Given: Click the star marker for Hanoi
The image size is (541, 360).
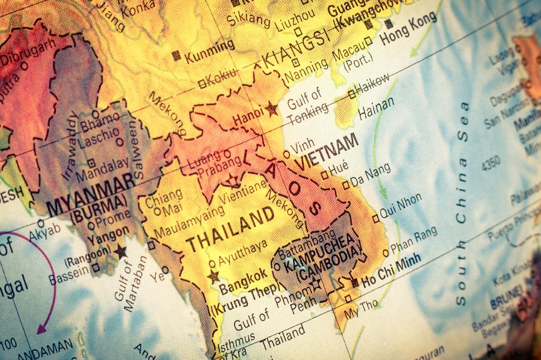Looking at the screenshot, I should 270,108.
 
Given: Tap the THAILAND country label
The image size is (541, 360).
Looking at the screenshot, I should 230,228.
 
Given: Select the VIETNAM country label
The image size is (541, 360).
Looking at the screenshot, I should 327,150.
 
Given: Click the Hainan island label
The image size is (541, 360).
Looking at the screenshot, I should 376,107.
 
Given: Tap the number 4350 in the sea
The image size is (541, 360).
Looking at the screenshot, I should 490,159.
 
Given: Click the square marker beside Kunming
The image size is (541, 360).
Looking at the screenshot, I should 177,55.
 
